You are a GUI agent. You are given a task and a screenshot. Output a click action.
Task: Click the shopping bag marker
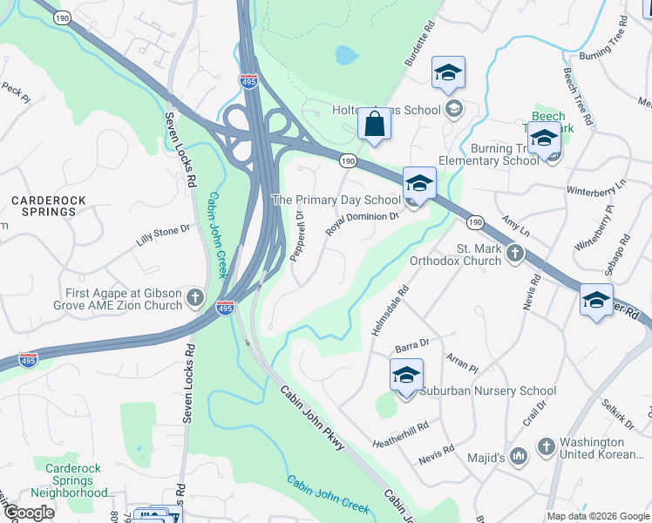[374, 124]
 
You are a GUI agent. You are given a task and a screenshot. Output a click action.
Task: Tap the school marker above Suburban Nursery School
[406, 376]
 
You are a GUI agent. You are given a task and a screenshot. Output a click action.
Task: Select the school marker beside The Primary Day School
[419, 184]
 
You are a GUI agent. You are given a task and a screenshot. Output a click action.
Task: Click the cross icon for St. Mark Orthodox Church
[515, 254]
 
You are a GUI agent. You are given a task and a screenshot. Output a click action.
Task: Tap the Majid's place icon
[519, 456]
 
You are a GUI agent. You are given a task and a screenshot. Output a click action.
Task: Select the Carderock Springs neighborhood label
[49, 206]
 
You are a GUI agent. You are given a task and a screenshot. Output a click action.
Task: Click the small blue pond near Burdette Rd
[346, 57]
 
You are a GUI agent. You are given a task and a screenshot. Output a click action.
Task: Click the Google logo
[29, 513]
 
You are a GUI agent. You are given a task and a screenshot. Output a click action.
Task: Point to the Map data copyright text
[597, 516]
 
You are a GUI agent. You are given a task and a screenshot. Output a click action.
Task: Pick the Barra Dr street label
[413, 343]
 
